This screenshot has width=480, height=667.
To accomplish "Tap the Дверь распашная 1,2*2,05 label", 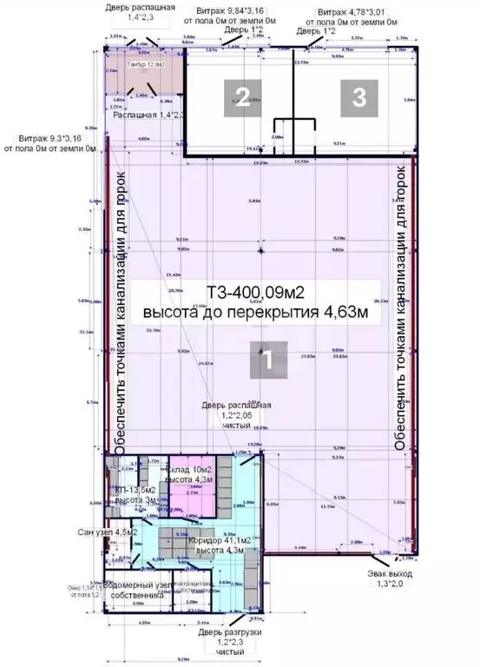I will (237, 417).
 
